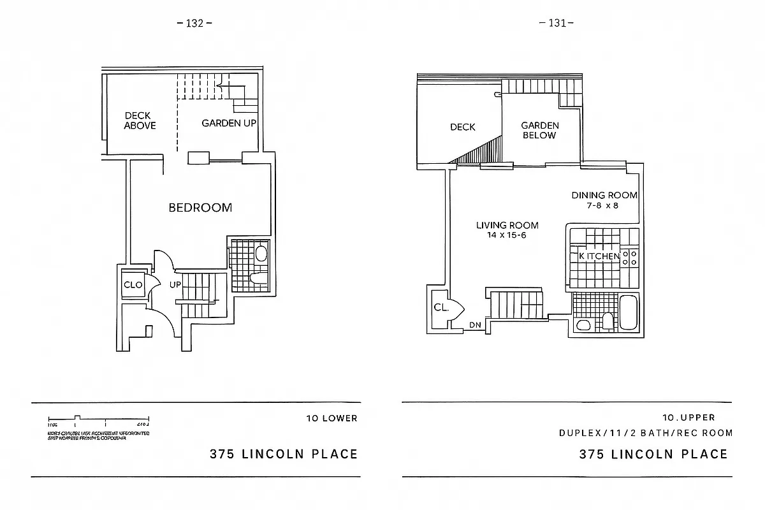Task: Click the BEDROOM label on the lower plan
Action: click(200, 207)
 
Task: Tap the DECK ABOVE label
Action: click(138, 120)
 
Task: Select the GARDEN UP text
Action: click(229, 123)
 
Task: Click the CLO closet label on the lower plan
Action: click(133, 285)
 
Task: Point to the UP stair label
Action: click(175, 285)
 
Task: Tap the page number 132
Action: click(194, 24)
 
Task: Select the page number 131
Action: click(556, 24)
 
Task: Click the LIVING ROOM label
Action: click(507, 225)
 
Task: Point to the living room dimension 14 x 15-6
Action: click(507, 235)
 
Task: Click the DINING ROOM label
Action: click(604, 195)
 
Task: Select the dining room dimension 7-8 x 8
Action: click(604, 205)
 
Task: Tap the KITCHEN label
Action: click(599, 256)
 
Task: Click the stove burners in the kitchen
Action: click(630, 258)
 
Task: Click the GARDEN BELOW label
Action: click(539, 131)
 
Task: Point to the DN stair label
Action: click(475, 324)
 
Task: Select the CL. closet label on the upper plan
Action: click(441, 307)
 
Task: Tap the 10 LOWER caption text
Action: click(331, 419)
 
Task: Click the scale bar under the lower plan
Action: click(99, 423)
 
